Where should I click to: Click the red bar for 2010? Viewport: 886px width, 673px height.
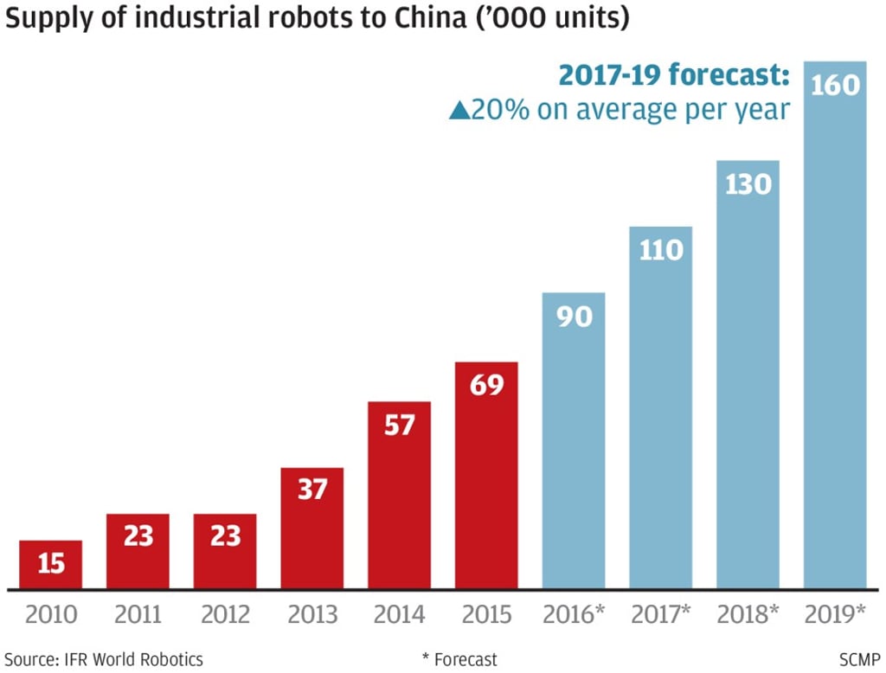pyautogui.click(x=51, y=565)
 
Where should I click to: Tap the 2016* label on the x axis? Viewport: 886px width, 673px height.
pyautogui.click(x=573, y=615)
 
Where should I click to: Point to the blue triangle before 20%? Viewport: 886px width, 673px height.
pyautogui.click(x=459, y=111)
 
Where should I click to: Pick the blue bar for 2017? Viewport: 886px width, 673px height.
pyautogui.click(x=660, y=407)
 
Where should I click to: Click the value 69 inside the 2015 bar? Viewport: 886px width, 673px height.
pyautogui.click(x=486, y=385)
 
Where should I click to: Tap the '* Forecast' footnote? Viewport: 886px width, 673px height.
pyautogui.click(x=459, y=659)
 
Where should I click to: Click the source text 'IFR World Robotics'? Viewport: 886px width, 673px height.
pyautogui.click(x=133, y=659)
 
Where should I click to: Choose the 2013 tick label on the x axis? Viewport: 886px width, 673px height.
pyautogui.click(x=312, y=615)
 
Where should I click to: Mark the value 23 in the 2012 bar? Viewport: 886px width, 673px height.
pyautogui.click(x=225, y=535)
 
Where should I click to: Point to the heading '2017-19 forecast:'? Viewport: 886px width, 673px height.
pyautogui.click(x=673, y=75)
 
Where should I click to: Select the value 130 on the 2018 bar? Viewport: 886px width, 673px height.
pyautogui.click(x=748, y=184)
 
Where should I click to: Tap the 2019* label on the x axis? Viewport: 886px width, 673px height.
pyautogui.click(x=834, y=615)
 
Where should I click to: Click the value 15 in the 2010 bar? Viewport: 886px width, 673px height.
pyautogui.click(x=51, y=563)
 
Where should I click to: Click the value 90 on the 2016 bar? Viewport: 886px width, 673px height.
pyautogui.click(x=573, y=316)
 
